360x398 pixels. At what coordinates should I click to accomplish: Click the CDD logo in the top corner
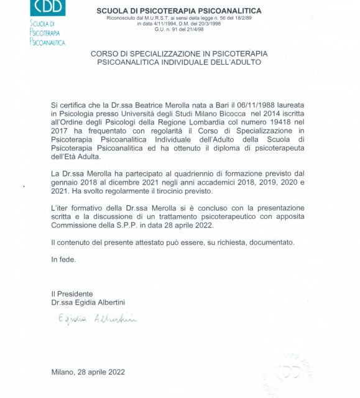click(47, 7)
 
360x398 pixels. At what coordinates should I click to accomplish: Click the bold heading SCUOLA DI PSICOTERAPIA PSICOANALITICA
click(179, 11)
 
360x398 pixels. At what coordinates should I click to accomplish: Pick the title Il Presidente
click(72, 294)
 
